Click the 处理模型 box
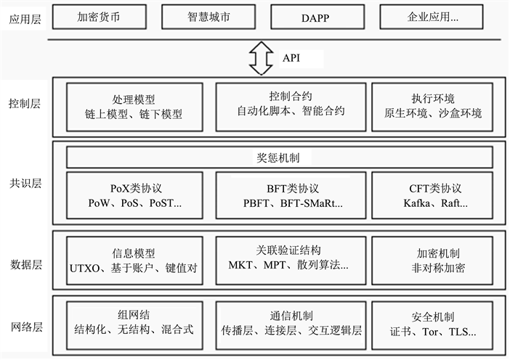[x=134, y=106]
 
